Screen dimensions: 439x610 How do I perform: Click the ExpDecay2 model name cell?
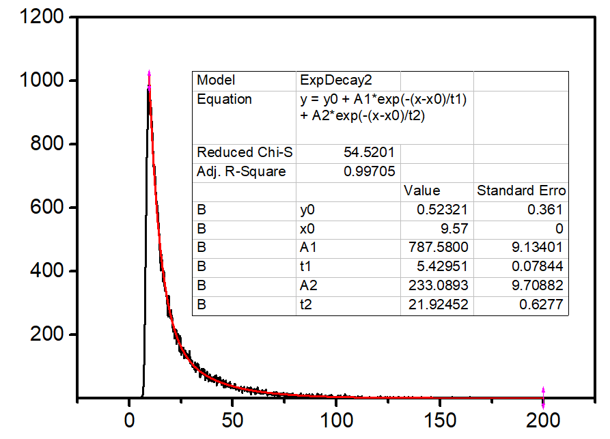[329, 81]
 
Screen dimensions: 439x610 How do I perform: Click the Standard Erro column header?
[521, 190]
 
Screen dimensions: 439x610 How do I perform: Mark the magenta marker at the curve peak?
[149, 78]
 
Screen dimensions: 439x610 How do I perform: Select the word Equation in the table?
[224, 100]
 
